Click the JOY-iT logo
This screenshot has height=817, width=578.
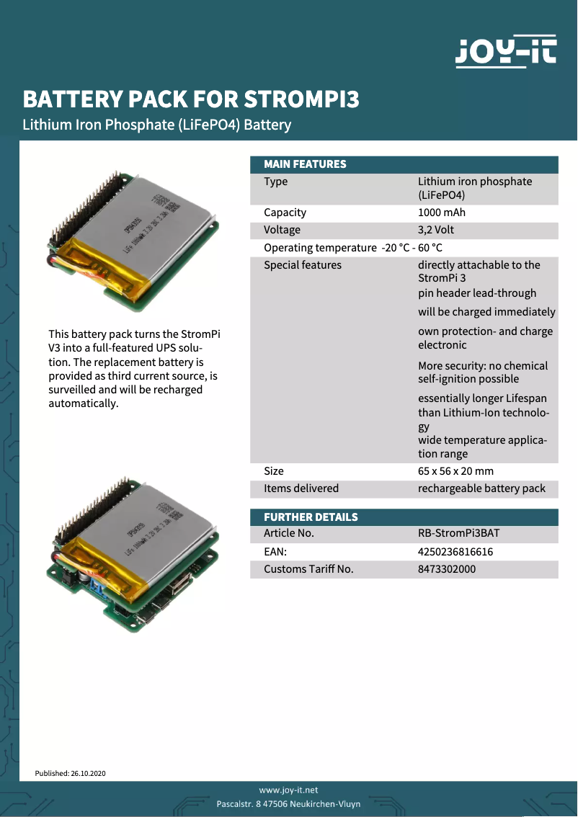(x=506, y=52)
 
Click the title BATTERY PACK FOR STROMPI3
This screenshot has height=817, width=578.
(x=191, y=99)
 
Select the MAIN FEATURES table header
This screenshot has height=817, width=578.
(x=305, y=164)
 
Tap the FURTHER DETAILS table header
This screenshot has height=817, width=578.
(x=311, y=517)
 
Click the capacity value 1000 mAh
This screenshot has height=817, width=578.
(x=442, y=213)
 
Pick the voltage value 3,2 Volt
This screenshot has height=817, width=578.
(x=436, y=230)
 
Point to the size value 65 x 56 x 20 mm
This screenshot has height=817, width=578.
(x=455, y=471)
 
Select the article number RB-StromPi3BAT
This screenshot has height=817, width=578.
(x=458, y=534)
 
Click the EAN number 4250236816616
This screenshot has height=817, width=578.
(x=455, y=552)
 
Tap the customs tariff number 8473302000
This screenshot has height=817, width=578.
(x=447, y=569)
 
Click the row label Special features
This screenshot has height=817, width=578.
(x=303, y=265)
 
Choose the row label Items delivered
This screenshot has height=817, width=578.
(x=301, y=488)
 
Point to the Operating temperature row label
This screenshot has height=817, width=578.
(x=320, y=248)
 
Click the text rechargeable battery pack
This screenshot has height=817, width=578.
(x=481, y=488)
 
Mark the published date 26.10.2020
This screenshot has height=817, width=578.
(x=88, y=773)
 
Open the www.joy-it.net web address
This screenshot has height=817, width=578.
(x=288, y=790)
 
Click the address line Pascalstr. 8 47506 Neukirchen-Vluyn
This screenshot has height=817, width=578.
(x=288, y=803)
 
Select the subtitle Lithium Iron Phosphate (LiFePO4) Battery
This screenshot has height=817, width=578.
(x=157, y=125)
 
